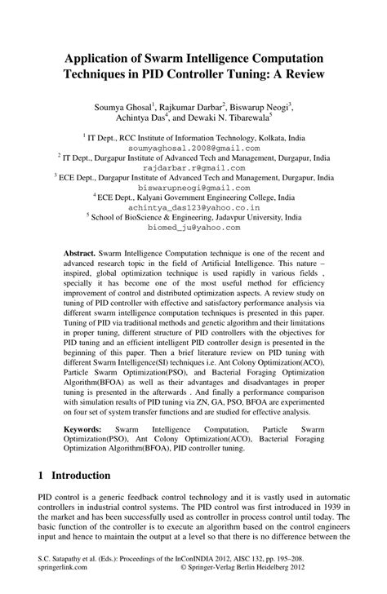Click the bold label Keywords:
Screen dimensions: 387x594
point(88,427)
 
